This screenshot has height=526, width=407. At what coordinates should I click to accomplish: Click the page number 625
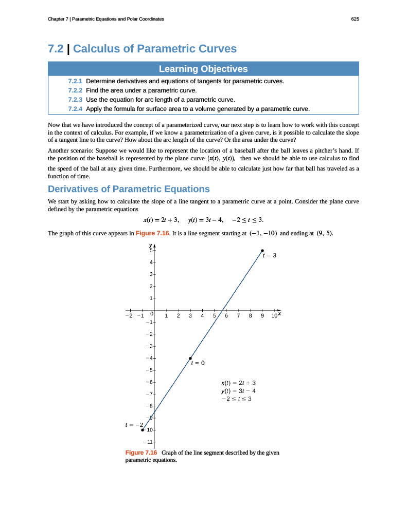pyautogui.click(x=355, y=19)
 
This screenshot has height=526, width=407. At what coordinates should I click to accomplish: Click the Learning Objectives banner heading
pyautogui.click(x=203, y=69)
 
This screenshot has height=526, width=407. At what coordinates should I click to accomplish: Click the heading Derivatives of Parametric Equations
pyautogui.click(x=129, y=189)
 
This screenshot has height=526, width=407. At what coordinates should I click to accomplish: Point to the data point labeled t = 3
pyautogui.click(x=262, y=251)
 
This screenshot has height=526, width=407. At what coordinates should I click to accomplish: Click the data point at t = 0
pyautogui.click(x=190, y=358)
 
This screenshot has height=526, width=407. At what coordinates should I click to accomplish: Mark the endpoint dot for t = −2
pyautogui.click(x=143, y=429)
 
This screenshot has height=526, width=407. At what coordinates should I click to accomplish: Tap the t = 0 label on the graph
pyautogui.click(x=198, y=363)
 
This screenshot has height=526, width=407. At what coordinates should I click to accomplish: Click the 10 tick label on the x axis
pyautogui.click(x=273, y=316)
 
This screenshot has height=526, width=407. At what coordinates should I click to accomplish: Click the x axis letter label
pyautogui.click(x=279, y=313)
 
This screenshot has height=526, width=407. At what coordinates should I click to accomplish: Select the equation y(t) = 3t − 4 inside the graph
pyautogui.click(x=238, y=390)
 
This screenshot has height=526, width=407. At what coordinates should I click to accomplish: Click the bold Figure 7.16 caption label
pyautogui.click(x=141, y=453)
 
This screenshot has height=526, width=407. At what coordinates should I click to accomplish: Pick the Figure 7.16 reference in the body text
pyautogui.click(x=152, y=233)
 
